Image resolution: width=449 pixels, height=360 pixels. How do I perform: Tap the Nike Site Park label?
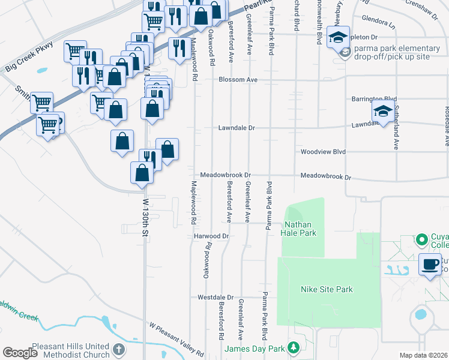[327, 290]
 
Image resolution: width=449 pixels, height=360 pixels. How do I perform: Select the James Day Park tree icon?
[294, 347]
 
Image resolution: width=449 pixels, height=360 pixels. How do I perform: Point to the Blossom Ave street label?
[238, 80]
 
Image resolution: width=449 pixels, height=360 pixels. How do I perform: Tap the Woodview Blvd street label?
[324, 152]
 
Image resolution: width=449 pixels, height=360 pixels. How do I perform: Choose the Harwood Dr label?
[212, 236]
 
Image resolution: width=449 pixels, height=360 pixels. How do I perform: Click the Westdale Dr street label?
[215, 297]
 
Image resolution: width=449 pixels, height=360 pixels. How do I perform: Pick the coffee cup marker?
[430, 265]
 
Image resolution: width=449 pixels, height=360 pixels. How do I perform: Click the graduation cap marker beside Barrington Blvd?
[383, 112]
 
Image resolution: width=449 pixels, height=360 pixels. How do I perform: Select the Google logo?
[20, 353]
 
